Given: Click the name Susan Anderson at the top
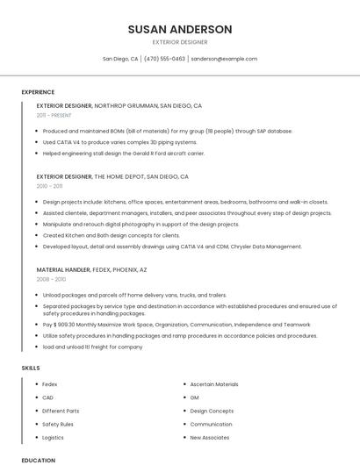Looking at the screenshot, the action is [x=180, y=29].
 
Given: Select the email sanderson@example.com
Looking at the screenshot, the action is [x=224, y=59].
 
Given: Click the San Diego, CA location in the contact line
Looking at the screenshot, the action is [x=120, y=59].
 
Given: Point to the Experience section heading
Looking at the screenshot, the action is [x=38, y=92].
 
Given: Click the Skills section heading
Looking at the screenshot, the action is [x=31, y=368].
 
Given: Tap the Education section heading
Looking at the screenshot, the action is [x=38, y=460].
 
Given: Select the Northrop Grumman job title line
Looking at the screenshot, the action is [x=119, y=105].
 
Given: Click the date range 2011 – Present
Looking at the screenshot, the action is [x=54, y=115].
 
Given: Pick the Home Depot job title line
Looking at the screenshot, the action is [x=112, y=176].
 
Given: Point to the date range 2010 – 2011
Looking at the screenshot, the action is [x=49, y=186].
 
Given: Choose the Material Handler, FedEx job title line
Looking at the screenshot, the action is [x=91, y=270].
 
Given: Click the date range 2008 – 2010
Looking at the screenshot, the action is [x=51, y=280].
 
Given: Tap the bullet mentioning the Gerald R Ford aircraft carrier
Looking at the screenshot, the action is [x=123, y=153].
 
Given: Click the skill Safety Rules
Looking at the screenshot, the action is [x=58, y=424].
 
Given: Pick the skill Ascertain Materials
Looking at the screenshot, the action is [x=214, y=384].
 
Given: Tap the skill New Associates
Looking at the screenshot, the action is [x=210, y=437].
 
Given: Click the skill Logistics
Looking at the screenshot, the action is [x=53, y=437].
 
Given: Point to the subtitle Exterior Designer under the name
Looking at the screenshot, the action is [x=180, y=41].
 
